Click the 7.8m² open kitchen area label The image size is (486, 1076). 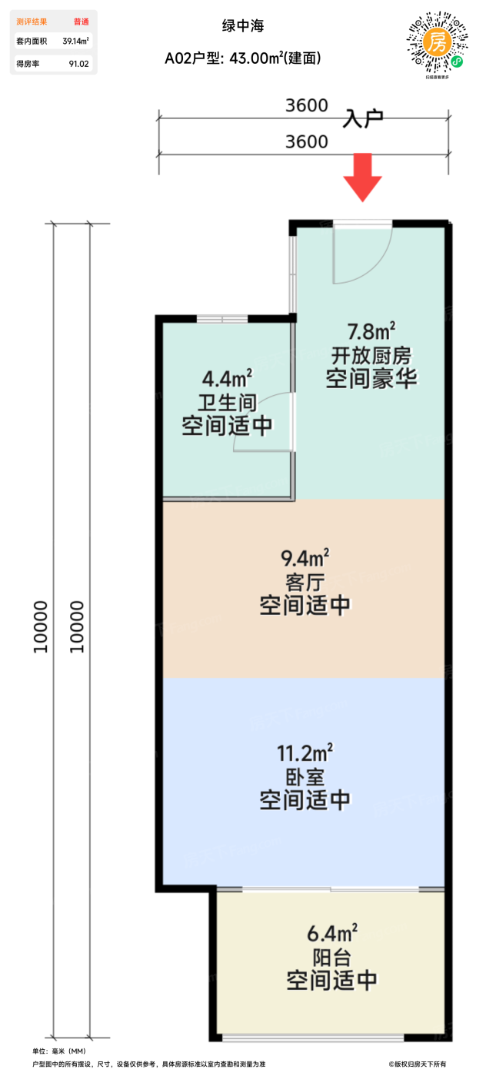point(371,332)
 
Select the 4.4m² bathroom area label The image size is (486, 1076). point(227,378)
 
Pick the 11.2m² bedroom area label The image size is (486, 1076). point(305,751)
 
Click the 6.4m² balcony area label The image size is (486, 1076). point(331,934)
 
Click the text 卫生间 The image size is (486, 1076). point(227,402)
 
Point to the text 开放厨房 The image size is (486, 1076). point(371,356)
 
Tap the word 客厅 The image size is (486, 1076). point(305,580)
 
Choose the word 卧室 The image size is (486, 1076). point(305,775)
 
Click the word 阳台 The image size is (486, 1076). point(331,958)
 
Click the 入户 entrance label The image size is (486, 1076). point(363,118)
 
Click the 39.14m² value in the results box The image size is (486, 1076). point(75,42)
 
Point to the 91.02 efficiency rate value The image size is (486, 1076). point(79,64)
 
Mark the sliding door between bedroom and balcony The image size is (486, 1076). point(331,889)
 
